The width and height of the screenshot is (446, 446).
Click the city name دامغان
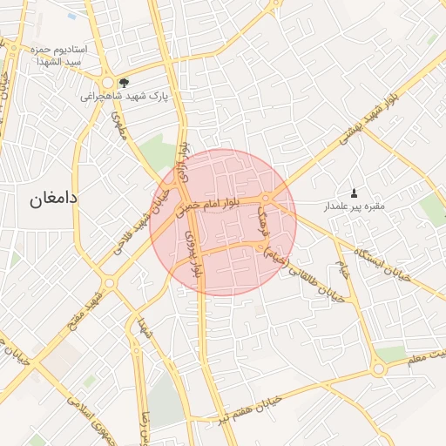tap(54, 198)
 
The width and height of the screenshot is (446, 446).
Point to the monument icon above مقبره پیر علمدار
tap(354, 193)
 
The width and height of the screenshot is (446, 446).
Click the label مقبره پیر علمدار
tap(355, 206)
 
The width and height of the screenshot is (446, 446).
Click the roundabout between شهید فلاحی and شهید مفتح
tap(110, 283)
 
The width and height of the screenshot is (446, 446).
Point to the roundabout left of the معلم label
tap(377, 370)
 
